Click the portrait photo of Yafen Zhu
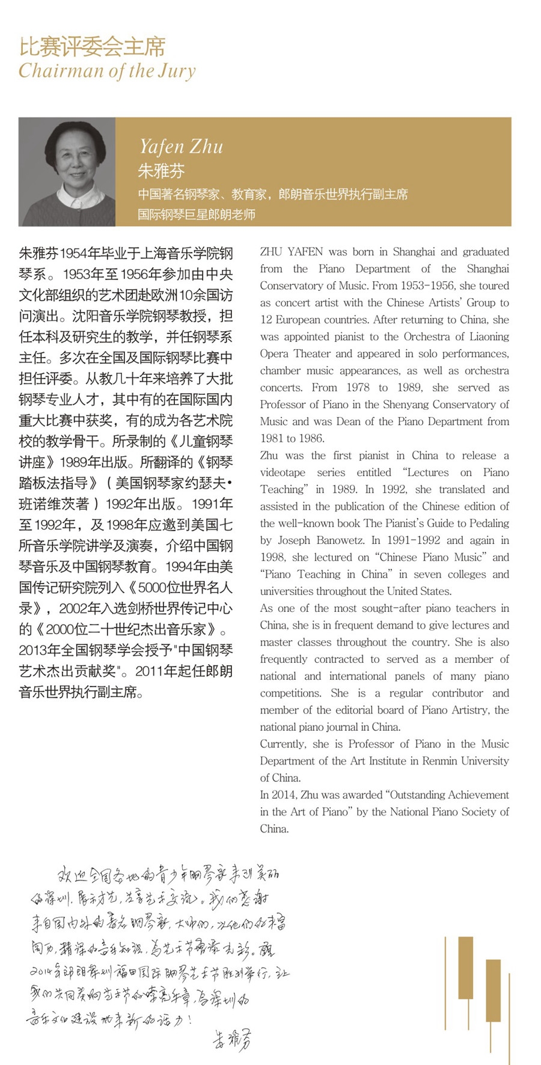pyautogui.click(x=67, y=172)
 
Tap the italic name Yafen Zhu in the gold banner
pyautogui.click(x=181, y=147)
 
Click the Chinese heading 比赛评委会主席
pyautogui.click(x=92, y=47)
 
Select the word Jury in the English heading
pyautogui.click(x=177, y=71)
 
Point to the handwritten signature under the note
pyautogui.click(x=232, y=1039)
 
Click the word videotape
pyautogui.click(x=283, y=472)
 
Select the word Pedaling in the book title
pyautogui.click(x=486, y=523)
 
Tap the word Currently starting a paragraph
pyautogui.click(x=283, y=744)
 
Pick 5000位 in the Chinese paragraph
pyautogui.click(x=157, y=588)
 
